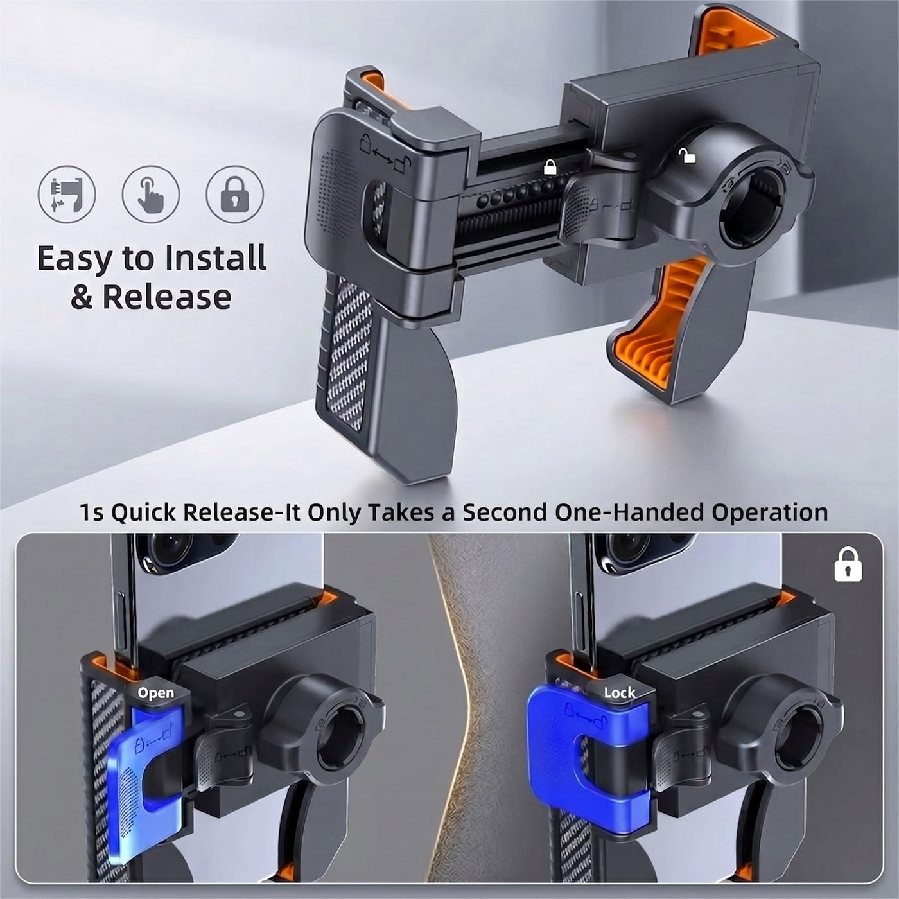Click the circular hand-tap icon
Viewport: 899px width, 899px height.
[151, 194]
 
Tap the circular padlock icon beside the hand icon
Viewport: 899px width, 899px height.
[234, 194]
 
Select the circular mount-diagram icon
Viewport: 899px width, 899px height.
[67, 194]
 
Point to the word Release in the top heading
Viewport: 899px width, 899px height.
[167, 297]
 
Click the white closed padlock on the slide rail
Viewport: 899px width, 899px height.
[550, 167]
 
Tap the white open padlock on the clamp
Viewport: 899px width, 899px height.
[686, 155]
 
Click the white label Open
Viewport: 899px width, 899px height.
[156, 693]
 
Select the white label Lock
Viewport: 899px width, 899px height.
[620, 693]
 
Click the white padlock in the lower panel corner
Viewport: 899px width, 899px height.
[848, 564]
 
